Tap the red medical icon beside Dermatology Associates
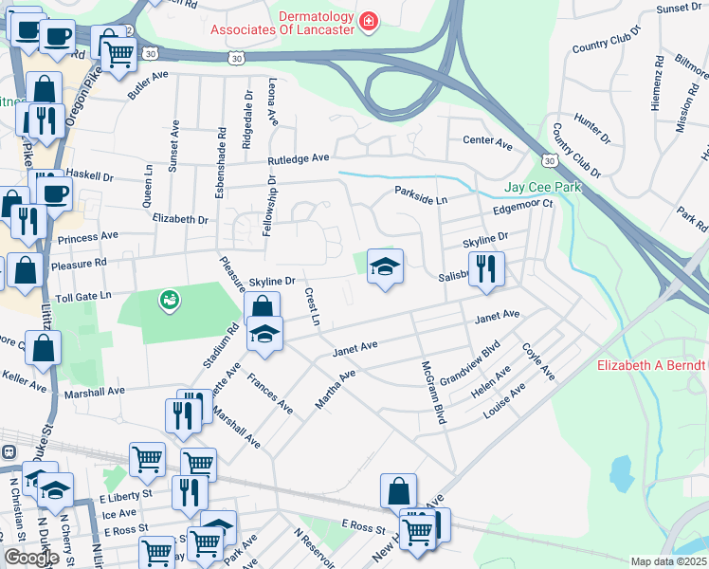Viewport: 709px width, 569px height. (x=369, y=20)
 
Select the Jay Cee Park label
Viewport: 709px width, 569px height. (x=542, y=188)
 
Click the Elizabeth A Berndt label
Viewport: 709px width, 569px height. (x=652, y=365)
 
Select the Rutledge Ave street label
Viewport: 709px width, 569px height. (x=297, y=158)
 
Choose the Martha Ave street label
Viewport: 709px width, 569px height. (x=336, y=390)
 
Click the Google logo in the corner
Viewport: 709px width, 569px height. (x=31, y=557)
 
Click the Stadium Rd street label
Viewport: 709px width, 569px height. (x=217, y=346)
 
